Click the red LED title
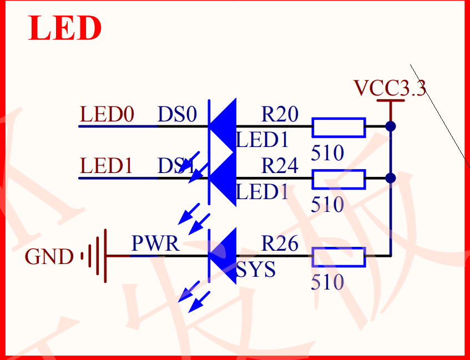pos(65,28)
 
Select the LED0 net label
pos(107,115)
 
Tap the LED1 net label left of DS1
pos(107,166)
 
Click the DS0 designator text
pos(178,115)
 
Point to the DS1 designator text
pos(176,166)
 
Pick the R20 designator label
pos(280,115)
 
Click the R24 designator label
pos(280,166)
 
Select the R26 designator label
pos(280,244)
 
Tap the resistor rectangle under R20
pos(338,127)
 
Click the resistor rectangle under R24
pos(338,179)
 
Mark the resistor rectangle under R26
pos(338,257)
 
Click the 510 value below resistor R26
pos(327,283)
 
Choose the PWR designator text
pos(155,244)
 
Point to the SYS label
pos(256,270)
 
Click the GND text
pos(49,257)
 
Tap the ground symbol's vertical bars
pos(95,256)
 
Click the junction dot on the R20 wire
pos(391,126)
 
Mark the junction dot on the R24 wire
pos(391,178)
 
